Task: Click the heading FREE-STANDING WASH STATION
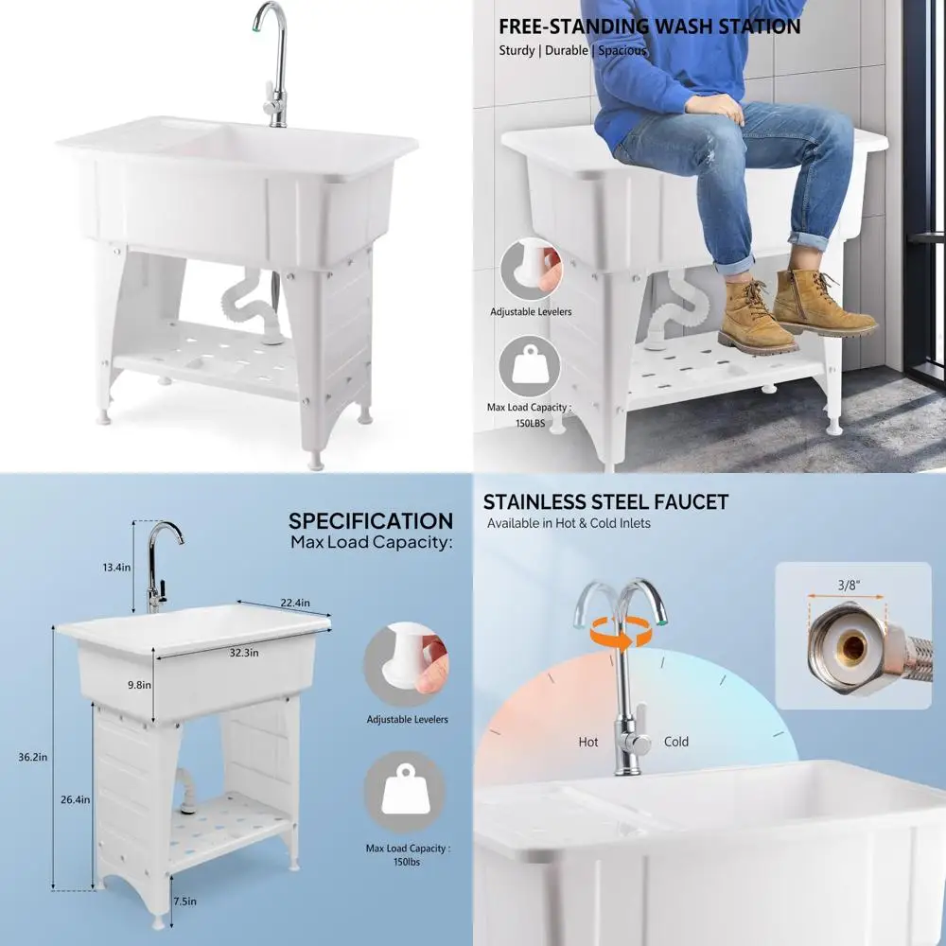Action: point(649,26)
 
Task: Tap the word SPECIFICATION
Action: point(371,521)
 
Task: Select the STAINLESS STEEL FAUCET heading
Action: point(605,502)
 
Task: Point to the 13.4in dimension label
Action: point(116,567)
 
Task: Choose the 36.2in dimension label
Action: point(34,757)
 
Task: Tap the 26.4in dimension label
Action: point(74,799)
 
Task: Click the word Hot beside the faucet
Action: point(588,743)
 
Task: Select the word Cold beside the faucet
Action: point(676,743)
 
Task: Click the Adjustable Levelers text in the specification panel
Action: point(408,720)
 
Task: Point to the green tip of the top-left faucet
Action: point(258,28)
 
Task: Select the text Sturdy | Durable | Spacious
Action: point(573,51)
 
